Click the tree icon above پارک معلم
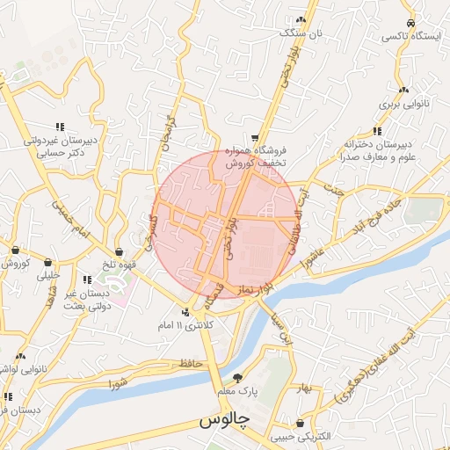click(x=236, y=377)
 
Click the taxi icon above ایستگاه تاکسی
click(x=410, y=23)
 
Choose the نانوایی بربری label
click(x=403, y=105)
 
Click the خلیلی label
click(x=47, y=275)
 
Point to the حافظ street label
click(x=188, y=361)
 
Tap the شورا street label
click(x=119, y=383)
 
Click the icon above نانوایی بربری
click(x=403, y=90)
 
